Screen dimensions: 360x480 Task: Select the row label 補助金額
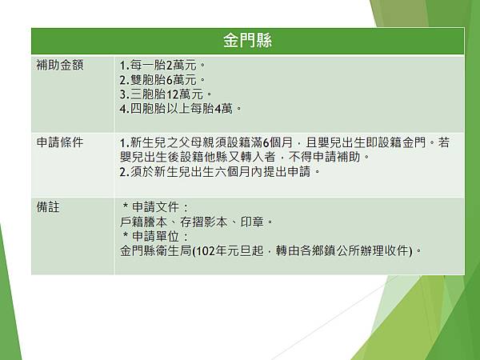(60, 64)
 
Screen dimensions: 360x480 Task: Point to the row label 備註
(49, 206)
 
